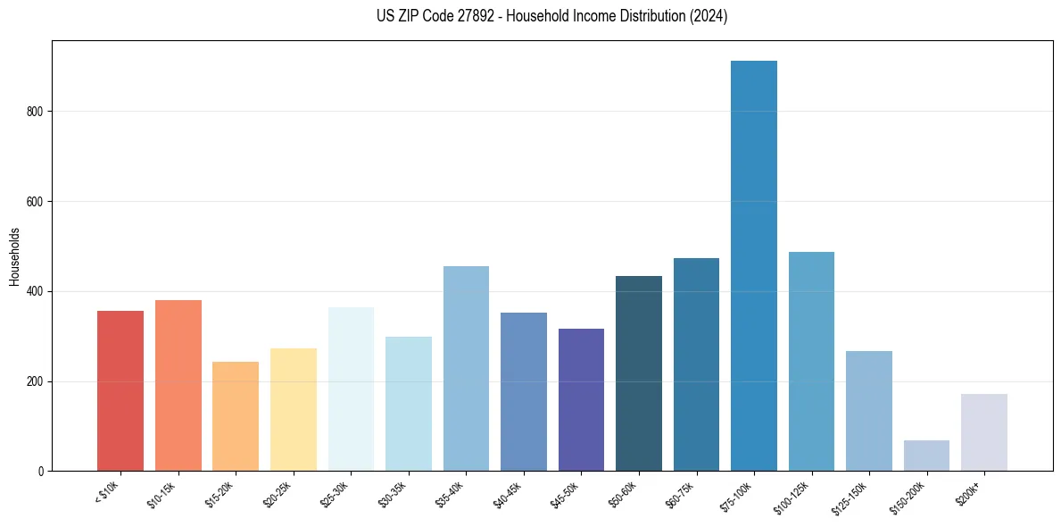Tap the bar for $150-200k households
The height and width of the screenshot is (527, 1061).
click(926, 456)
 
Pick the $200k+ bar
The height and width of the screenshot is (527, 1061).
click(984, 432)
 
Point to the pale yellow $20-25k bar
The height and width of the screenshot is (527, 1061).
click(294, 410)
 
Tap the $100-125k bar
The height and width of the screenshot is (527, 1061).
click(811, 362)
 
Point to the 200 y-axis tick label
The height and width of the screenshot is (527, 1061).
click(35, 381)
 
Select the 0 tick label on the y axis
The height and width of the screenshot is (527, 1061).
click(40, 472)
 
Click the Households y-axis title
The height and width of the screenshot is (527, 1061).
click(14, 256)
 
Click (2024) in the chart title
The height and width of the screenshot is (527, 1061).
click(709, 16)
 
